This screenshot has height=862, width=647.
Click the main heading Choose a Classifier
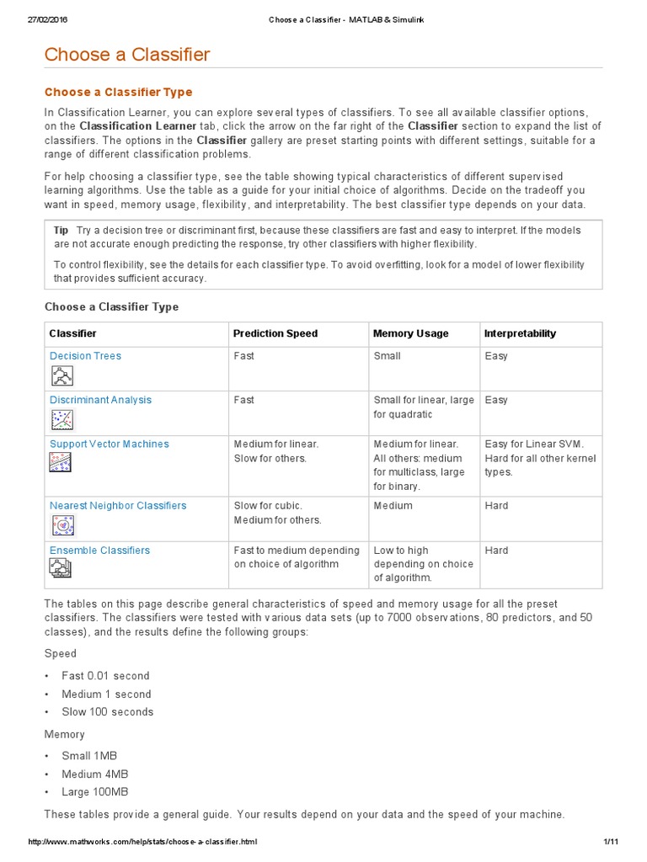click(127, 56)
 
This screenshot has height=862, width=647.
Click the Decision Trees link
click(85, 356)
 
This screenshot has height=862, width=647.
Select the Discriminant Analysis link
click(100, 400)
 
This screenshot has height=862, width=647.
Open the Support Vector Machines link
click(109, 444)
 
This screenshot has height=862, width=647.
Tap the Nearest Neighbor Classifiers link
click(118, 506)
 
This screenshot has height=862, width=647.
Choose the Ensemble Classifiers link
click(99, 551)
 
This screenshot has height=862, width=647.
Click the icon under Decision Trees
click(61, 375)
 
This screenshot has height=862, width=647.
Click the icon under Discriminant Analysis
click(61, 419)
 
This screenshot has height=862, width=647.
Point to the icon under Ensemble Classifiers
click(61, 570)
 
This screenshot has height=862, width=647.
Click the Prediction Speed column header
click(275, 333)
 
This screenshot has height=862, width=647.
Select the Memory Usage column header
click(410, 333)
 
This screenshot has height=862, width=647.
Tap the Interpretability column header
click(520, 333)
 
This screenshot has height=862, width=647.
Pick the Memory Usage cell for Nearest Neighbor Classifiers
click(393, 506)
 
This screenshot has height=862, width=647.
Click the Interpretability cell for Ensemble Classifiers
click(496, 551)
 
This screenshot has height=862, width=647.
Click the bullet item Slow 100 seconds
click(108, 712)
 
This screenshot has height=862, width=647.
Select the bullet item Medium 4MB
click(95, 774)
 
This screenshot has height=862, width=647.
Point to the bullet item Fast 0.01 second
click(105, 676)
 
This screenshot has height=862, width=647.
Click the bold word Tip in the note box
click(61, 231)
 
